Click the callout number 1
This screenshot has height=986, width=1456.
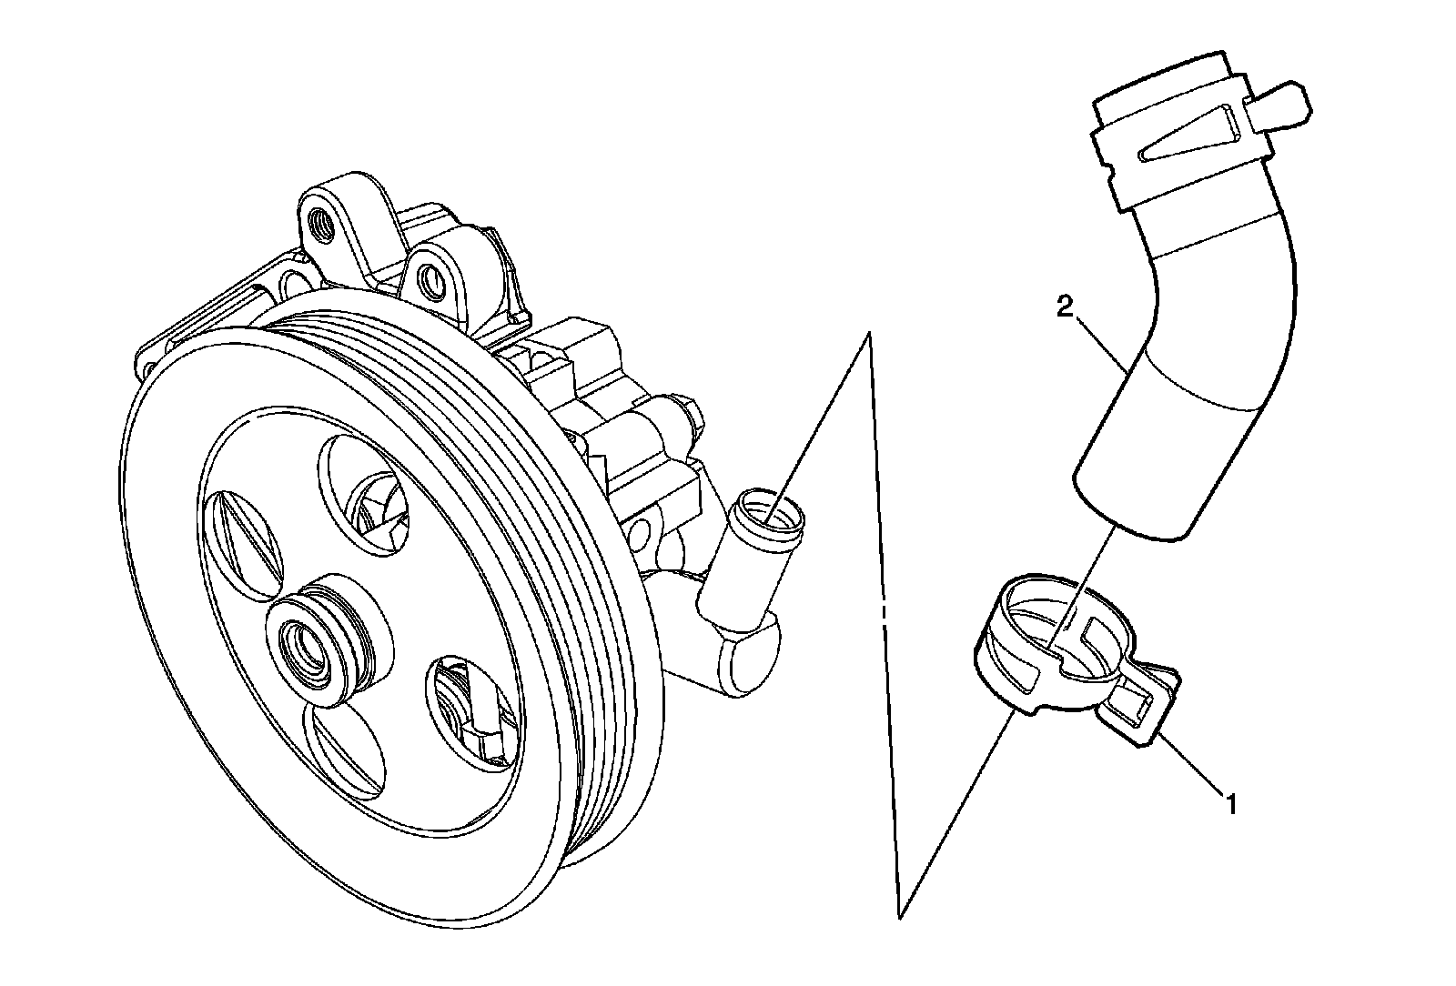(1231, 804)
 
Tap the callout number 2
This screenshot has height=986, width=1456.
(1064, 307)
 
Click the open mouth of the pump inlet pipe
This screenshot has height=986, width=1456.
(770, 508)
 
